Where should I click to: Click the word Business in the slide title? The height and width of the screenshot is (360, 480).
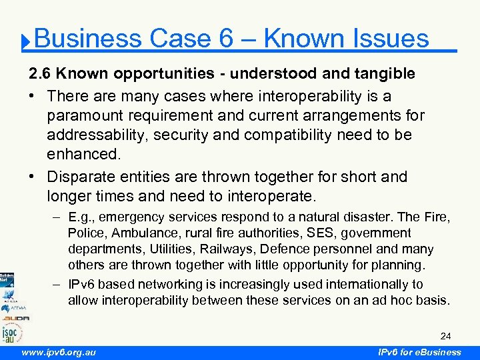pyautogui.click(x=87, y=39)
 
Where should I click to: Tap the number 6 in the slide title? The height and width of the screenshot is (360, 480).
pyautogui.click(x=225, y=39)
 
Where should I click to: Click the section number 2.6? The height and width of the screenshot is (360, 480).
pyautogui.click(x=39, y=73)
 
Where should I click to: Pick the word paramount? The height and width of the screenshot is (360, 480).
pyautogui.click(x=86, y=115)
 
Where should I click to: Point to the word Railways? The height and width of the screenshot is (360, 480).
pyautogui.click(x=222, y=249)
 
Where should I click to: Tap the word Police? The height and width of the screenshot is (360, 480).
pyautogui.click(x=87, y=233)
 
